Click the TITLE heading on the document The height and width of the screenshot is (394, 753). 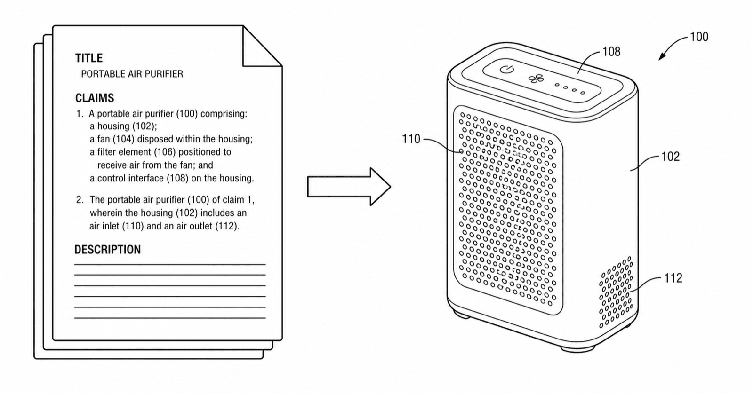click(x=89, y=58)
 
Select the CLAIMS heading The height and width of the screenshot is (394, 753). click(x=95, y=98)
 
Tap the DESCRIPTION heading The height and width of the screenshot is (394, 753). click(x=108, y=249)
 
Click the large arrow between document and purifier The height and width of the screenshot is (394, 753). click(x=349, y=186)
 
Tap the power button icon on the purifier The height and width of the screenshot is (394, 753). click(x=506, y=70)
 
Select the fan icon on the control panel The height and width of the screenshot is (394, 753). click(x=536, y=79)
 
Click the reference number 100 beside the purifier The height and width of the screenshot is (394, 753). click(x=699, y=37)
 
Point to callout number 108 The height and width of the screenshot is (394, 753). click(x=611, y=51)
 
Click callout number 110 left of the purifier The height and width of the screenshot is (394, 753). click(x=411, y=139)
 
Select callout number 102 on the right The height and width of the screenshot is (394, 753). click(x=670, y=157)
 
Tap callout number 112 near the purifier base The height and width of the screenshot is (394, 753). click(x=673, y=278)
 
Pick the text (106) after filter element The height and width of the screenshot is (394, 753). click(x=165, y=152)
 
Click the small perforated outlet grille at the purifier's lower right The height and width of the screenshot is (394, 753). click(x=616, y=292)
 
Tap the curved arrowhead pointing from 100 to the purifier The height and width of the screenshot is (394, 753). click(x=662, y=56)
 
